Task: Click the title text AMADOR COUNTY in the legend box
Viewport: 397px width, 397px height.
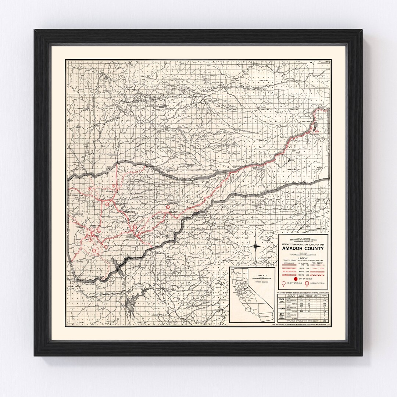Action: click(303, 248)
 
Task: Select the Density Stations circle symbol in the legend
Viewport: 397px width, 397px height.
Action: click(283, 284)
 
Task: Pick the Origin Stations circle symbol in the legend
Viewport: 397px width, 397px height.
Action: click(305, 284)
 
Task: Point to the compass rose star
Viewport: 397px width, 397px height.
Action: click(256, 246)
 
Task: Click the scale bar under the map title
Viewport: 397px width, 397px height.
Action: click(303, 254)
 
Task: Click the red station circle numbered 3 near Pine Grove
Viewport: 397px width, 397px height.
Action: click(168, 207)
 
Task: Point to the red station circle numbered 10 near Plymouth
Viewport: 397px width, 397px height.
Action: click(114, 186)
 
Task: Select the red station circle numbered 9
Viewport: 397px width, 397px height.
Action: click(90, 189)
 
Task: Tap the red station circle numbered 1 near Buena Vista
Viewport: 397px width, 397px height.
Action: click(94, 250)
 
